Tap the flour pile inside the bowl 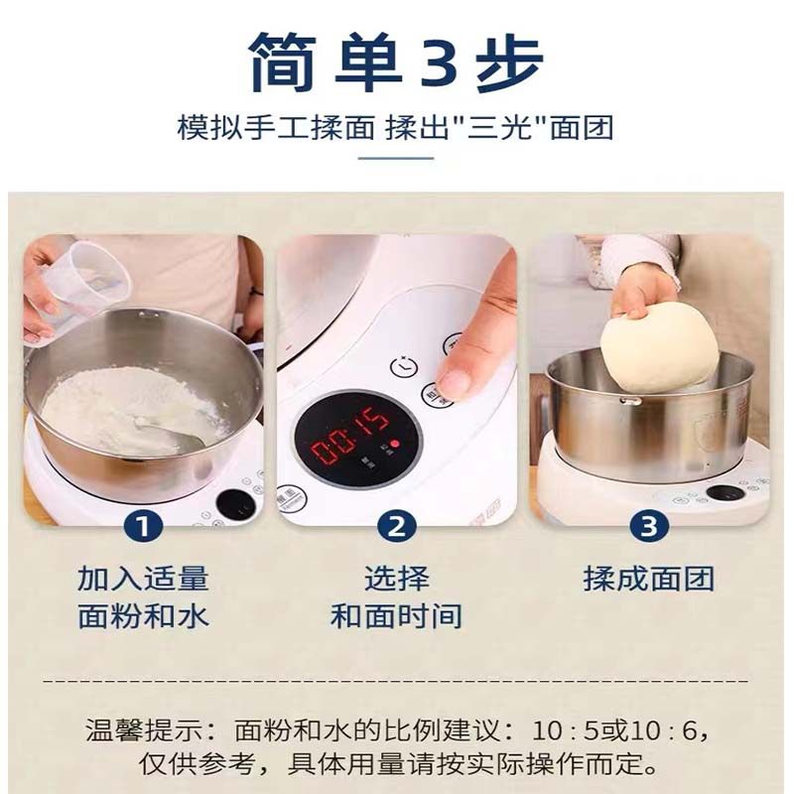tap(119, 407)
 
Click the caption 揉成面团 tap(648, 579)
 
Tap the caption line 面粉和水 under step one tap(144, 615)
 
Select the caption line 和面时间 tap(396, 615)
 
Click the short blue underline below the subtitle tap(396, 157)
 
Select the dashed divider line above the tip tap(397, 682)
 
